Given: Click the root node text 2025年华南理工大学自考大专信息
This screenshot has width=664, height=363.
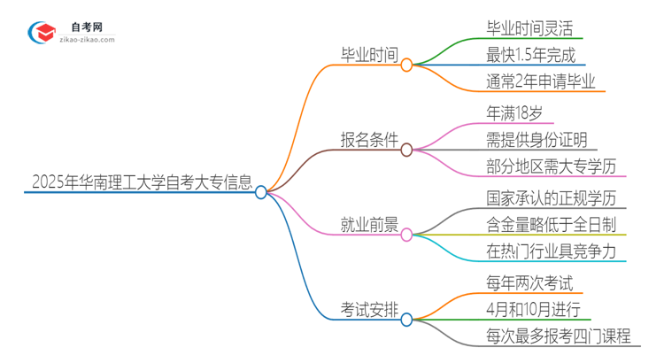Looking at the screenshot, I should (141, 181).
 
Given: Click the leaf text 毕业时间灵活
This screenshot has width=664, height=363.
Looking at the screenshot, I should (529, 28).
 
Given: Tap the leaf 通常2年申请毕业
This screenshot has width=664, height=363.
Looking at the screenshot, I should (535, 81).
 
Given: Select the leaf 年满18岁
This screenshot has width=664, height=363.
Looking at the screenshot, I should (518, 113).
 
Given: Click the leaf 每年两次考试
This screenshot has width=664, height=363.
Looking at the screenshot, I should (529, 283).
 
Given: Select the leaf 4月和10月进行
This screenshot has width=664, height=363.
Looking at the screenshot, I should (533, 310).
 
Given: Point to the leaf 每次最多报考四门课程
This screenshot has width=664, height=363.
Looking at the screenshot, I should (558, 336).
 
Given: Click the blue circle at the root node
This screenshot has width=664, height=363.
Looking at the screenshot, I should (261, 192).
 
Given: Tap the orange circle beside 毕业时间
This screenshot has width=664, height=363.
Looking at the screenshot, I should (406, 65).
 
